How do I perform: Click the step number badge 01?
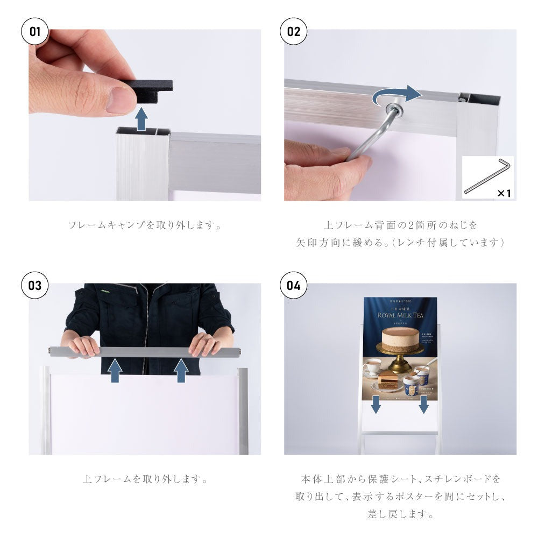pos(35,31)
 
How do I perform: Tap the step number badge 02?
pos(294,31)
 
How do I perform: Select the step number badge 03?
pos(35,285)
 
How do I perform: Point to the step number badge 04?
pos(294,285)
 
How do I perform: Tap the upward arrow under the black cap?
pos(141,119)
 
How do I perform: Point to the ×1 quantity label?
pos(504,193)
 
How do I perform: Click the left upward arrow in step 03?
pos(115,371)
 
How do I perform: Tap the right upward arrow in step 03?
pos(181,371)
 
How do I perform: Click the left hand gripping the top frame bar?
pos(84,345)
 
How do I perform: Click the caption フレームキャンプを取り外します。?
pos(145,225)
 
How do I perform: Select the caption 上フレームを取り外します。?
pos(145,478)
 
